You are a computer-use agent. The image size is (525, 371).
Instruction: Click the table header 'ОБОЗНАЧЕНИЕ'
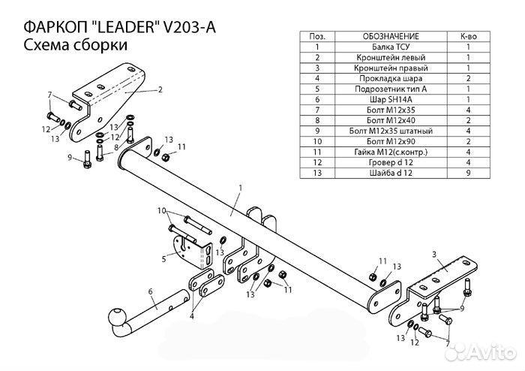tap(390, 36)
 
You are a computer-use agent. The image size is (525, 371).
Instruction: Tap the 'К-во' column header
tap(468, 36)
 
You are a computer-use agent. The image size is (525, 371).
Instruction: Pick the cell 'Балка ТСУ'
tap(390, 47)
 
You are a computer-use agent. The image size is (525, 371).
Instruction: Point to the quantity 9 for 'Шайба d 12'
tap(468, 173)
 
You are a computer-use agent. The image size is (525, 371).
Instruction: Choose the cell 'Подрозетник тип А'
tap(390, 89)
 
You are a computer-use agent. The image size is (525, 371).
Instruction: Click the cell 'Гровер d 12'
tap(390, 162)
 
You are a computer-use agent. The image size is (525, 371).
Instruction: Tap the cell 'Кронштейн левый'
tap(390, 57)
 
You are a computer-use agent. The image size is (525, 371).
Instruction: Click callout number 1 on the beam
tap(241, 187)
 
